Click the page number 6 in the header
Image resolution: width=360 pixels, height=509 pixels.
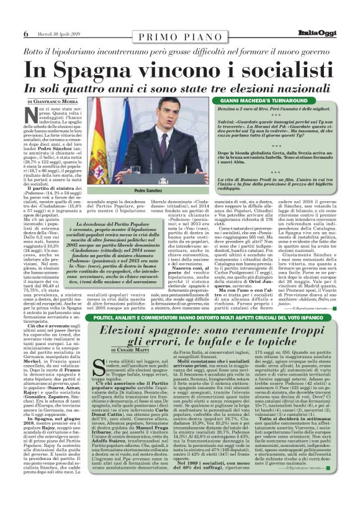click(25, 34)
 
